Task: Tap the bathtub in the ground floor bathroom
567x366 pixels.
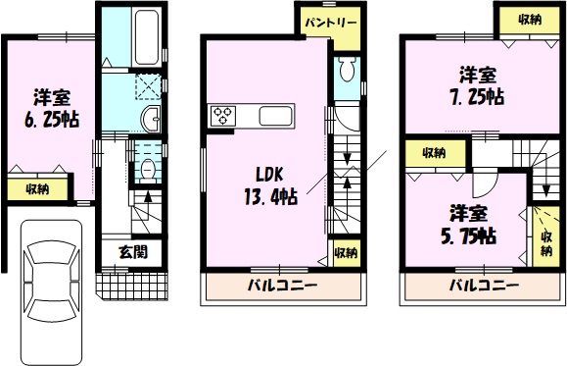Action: point(147,37)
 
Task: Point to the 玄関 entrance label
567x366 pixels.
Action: point(133,252)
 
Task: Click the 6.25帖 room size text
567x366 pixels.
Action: point(52,120)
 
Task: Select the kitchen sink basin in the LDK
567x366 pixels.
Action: point(275,116)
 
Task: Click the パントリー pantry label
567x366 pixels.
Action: point(331,24)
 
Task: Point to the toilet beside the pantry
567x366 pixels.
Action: point(349,70)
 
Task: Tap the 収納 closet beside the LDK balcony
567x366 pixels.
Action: point(346,252)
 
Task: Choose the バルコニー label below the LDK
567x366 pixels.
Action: point(282,286)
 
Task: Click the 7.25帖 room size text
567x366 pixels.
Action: point(477,97)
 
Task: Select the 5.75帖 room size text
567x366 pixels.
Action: point(468,235)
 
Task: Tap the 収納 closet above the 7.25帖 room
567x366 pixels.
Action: point(530,20)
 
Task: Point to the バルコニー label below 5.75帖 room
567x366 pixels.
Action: point(484,286)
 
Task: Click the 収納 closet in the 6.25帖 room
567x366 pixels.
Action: point(37,188)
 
